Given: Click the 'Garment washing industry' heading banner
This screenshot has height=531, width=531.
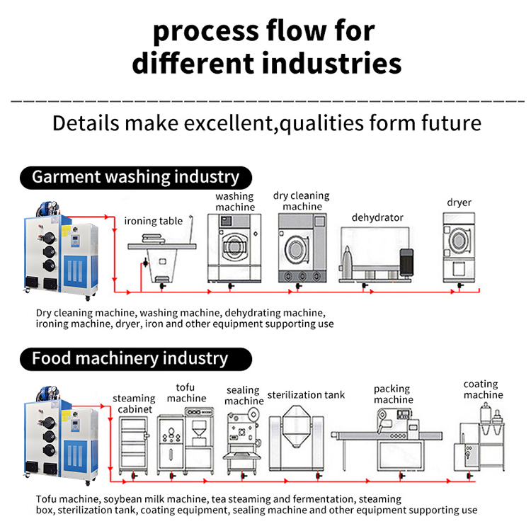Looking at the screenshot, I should pos(135,176).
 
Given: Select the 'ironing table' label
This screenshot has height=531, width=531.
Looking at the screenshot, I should pos(154,221).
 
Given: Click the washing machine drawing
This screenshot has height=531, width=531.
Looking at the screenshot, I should pos(234,248).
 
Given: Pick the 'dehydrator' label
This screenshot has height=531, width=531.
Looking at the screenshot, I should pos(377,217).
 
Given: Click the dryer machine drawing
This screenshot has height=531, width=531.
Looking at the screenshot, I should pos(458,248).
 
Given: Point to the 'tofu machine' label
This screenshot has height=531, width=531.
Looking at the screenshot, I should pos(186,393).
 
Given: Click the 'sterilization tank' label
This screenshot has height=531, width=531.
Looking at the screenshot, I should pos(306,394).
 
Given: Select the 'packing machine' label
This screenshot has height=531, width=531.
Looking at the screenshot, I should pos(394,394).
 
